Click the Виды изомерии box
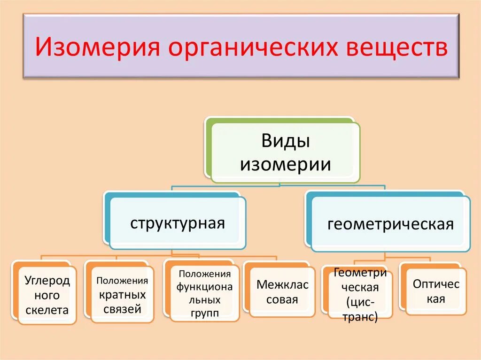tap(285, 153)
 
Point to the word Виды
tap(285, 141)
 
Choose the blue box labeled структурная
tap(178, 222)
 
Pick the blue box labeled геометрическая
tap(390, 224)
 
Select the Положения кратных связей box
tap(122, 295)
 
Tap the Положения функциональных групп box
tap(204, 294)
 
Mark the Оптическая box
tap(436, 291)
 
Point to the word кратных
tap(122, 295)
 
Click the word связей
tap(122, 309)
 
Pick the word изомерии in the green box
tap(285, 164)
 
